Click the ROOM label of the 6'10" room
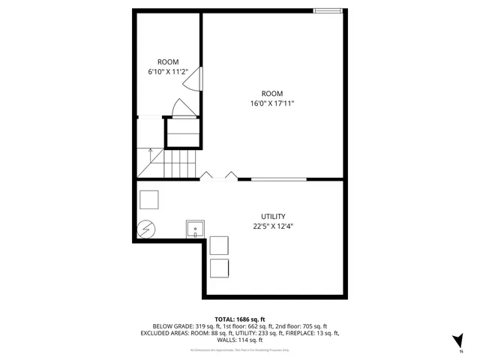coord(167,61)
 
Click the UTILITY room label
coord(273,216)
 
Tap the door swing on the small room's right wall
coord(193,79)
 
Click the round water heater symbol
coord(145,226)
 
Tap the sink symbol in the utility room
coord(195,228)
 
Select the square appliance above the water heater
coord(148,199)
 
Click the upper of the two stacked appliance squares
coord(219,245)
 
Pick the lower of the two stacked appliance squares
coord(219,268)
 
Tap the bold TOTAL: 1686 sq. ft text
coord(239,319)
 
